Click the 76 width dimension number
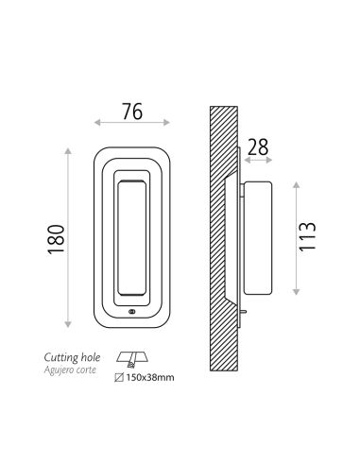point(132,112)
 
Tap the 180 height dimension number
point(56,239)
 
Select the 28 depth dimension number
point(258,147)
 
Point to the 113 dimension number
point(307,236)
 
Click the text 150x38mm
point(150,377)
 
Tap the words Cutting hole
point(72,357)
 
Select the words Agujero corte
point(70,370)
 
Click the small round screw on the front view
point(131,312)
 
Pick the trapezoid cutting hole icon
point(132,360)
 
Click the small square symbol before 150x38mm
point(119,377)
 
